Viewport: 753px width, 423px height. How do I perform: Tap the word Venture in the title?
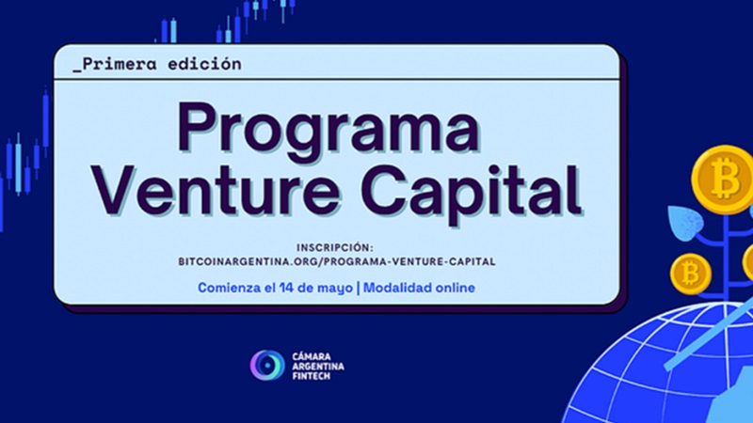tap(216, 190)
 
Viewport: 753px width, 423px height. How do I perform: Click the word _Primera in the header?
tap(115, 64)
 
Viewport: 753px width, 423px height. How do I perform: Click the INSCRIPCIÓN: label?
tap(335, 247)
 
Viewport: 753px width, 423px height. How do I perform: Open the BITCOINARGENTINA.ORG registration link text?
tap(337, 262)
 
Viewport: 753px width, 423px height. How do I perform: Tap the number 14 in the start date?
tap(286, 288)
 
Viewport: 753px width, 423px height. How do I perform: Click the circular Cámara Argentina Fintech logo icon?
tap(267, 365)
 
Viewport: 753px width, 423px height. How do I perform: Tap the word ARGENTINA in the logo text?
tap(318, 367)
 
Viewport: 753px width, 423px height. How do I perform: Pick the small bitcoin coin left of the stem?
tap(691, 274)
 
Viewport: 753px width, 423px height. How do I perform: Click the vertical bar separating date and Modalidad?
tap(359, 288)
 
